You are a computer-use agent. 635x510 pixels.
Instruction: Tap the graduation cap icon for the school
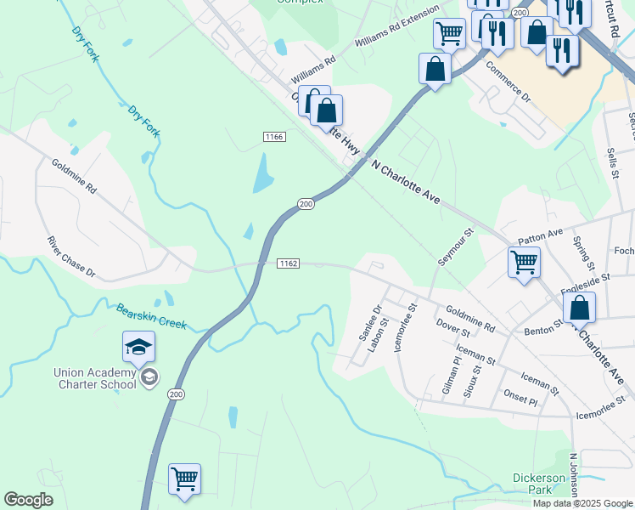click(x=138, y=347)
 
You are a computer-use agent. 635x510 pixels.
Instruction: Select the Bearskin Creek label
click(x=151, y=317)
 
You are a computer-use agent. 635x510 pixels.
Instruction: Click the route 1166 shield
click(x=273, y=137)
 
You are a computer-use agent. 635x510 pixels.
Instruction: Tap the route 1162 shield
click(x=288, y=264)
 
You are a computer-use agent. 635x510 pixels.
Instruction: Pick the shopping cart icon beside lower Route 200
click(x=184, y=479)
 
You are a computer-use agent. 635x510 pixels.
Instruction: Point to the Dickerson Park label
click(x=539, y=484)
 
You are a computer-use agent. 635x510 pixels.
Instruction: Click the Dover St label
click(x=452, y=328)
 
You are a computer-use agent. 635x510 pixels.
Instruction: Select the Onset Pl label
click(x=521, y=396)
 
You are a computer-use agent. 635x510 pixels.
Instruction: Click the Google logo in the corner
click(x=28, y=501)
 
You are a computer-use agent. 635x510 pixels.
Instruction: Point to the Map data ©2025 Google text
click(x=582, y=503)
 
